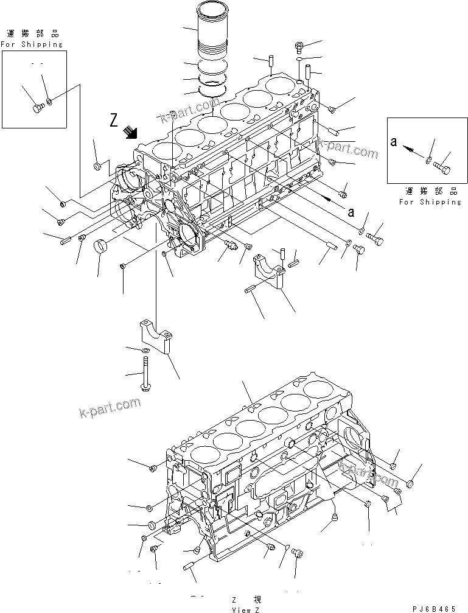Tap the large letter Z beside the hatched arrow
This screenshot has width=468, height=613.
114,121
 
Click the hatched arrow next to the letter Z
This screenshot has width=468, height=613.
130,131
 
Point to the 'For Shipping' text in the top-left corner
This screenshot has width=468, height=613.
32,44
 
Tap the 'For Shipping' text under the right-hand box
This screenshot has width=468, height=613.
430,201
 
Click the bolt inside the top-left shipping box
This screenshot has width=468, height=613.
37,108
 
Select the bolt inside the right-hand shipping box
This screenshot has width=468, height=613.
443,164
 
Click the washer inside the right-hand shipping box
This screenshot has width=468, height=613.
428,160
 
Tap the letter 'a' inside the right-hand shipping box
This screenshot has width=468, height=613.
394,142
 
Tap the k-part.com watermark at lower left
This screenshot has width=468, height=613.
110,408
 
